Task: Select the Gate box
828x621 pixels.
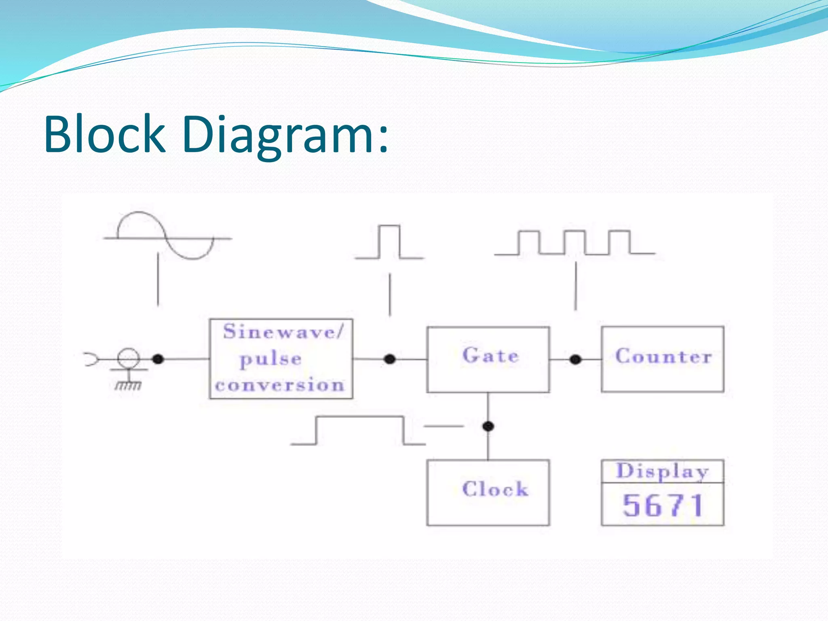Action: point(488,359)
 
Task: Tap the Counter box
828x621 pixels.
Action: point(662,359)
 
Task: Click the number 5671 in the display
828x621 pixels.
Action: point(663,505)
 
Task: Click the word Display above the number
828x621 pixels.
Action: point(662,471)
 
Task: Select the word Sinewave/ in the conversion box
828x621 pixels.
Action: point(283,332)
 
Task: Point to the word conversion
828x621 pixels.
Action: point(280,385)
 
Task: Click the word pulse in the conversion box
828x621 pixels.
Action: point(270,359)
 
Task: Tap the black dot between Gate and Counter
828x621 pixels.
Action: point(575,359)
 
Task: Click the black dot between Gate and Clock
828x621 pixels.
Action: point(488,426)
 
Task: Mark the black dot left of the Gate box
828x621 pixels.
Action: point(389,359)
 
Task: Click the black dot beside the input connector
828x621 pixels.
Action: point(158,359)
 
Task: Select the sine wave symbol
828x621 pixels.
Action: point(166,237)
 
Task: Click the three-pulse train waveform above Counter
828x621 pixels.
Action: point(574,243)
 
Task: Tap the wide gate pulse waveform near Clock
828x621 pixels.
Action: point(359,431)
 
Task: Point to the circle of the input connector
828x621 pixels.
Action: point(129,359)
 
